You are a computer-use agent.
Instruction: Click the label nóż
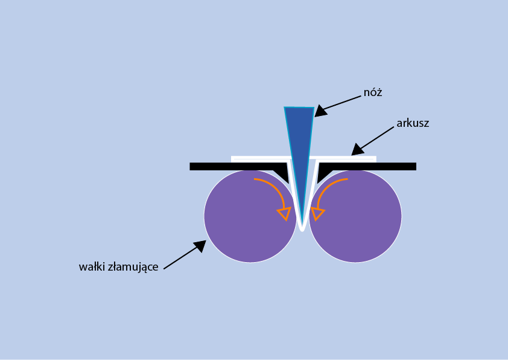tap(373, 92)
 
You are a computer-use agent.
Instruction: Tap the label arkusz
tap(413, 123)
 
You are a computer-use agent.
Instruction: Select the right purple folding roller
tap(355, 216)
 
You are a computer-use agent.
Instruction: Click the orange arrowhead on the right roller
tap(317, 213)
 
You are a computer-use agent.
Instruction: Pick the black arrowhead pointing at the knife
tap(320, 111)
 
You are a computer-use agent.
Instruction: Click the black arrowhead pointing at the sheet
tap(357, 150)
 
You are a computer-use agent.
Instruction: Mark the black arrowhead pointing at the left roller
tap(200, 246)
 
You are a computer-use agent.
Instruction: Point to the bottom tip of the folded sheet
tap(302, 231)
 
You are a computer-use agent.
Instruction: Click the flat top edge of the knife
tap(299, 107)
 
